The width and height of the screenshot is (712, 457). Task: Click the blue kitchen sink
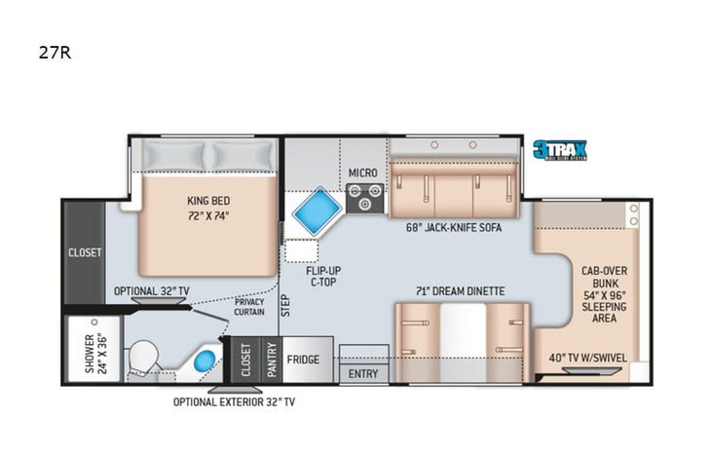pos(313,209)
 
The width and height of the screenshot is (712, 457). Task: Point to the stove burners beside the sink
pos(366,198)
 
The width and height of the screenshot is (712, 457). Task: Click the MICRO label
pos(362,172)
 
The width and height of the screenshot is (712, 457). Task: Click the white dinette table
pos(462,341)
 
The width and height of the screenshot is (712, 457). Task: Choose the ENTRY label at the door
pos(363,374)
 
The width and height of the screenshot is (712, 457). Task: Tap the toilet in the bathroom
pos(146,355)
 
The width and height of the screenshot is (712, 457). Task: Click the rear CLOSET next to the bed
pos(85,252)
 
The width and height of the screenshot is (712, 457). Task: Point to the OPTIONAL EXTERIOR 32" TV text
pos(235,400)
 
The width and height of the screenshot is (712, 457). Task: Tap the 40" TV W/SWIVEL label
pos(584,357)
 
